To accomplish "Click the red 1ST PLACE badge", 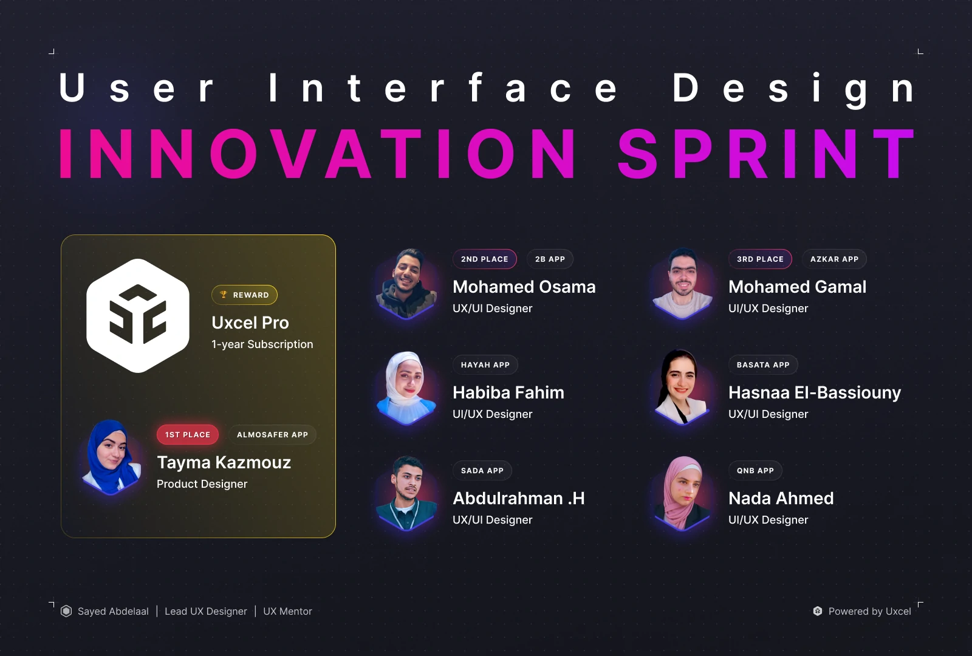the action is coord(188,435).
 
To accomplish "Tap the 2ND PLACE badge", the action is coord(484,259).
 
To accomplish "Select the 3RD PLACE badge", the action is coord(760,259).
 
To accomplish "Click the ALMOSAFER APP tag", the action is coord(272,435).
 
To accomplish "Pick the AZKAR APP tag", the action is coord(834,259).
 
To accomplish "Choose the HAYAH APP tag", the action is coord(485,365).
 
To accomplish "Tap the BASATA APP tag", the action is coord(763,365).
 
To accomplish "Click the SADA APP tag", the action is coord(482,471).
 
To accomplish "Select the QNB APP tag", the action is coord(755,471).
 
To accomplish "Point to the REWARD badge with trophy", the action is coord(244,295).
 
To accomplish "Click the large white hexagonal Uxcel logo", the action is coord(138,316).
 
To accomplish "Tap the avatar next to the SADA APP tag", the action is coord(406,493).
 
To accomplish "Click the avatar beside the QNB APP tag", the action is coord(682,493).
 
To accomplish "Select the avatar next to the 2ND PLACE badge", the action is coord(406,283).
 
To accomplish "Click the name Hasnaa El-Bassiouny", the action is coord(815,393).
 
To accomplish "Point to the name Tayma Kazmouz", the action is coord(224,463).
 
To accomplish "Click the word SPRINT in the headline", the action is coord(766,154).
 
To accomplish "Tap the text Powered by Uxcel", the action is coord(869,611).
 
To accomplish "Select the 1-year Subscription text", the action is coord(262,344).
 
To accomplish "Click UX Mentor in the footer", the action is coord(287,611).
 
